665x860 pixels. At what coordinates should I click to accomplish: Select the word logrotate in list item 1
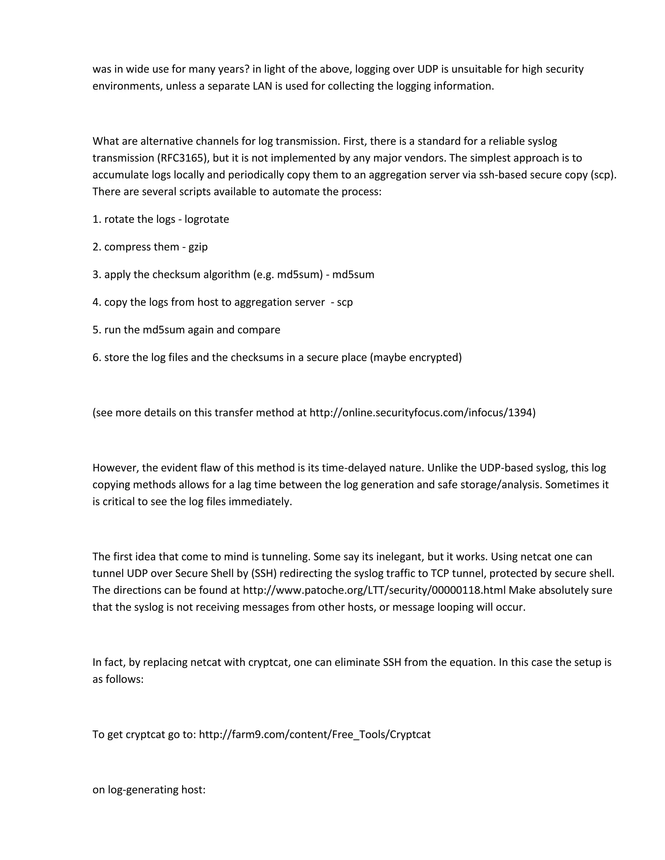(x=207, y=219)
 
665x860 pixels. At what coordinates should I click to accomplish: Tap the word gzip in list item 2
(x=198, y=247)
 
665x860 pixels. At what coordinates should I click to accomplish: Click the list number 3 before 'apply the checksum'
(x=96, y=275)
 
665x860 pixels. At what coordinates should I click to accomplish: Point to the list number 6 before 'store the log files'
(x=96, y=358)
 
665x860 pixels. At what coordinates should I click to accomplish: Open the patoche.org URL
(x=374, y=590)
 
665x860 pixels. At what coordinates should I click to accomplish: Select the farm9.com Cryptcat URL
(x=314, y=734)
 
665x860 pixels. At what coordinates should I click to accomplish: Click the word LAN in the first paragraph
(x=262, y=86)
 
